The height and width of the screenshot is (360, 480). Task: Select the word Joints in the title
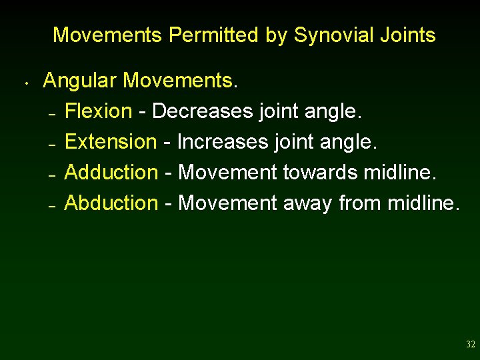(410, 35)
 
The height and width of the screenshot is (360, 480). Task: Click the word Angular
(80, 81)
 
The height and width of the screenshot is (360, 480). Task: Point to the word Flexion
(98, 111)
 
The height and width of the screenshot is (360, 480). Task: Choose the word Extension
(111, 142)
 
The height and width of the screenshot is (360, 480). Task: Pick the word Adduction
(111, 173)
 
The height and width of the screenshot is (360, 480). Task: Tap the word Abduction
(111, 203)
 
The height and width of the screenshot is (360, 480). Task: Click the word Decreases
(203, 111)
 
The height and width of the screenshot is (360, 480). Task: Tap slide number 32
(471, 345)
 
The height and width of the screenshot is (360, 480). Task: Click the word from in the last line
(360, 203)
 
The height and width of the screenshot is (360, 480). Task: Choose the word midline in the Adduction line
(399, 173)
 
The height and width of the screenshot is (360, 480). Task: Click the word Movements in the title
(107, 35)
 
